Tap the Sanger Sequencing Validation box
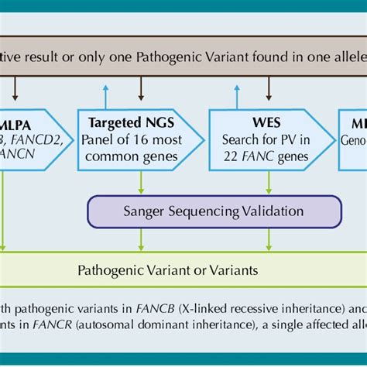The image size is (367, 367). click(x=214, y=211)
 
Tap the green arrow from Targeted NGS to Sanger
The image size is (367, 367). click(x=139, y=183)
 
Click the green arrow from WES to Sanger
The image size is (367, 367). click(x=269, y=183)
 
